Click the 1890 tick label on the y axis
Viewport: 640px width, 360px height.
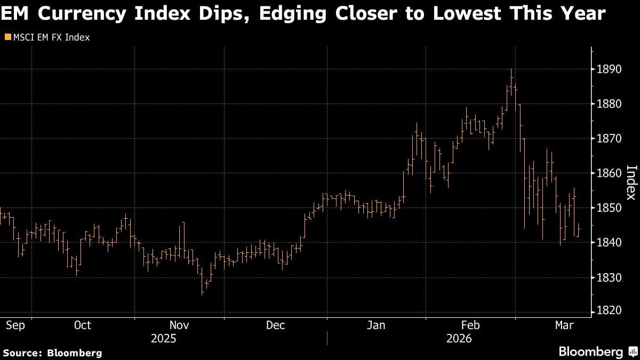pos(609,69)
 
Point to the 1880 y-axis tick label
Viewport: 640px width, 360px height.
pos(609,104)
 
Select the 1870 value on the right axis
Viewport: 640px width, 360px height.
pos(609,139)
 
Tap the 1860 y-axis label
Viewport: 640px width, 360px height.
pos(609,173)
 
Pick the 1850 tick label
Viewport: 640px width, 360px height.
pos(609,208)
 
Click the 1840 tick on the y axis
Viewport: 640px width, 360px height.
pos(609,243)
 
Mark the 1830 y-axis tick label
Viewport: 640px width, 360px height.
pos(609,277)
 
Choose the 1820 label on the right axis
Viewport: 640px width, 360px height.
pos(609,312)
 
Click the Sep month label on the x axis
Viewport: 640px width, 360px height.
pos(15,325)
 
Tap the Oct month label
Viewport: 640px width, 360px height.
pos(83,325)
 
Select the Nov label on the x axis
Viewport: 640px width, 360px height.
pos(179,325)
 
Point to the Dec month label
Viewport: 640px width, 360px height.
pos(276,325)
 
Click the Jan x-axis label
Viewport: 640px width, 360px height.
pos(377,325)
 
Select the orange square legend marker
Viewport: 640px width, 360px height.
pos(7,37)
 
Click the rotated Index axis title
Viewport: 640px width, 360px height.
pos(630,182)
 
